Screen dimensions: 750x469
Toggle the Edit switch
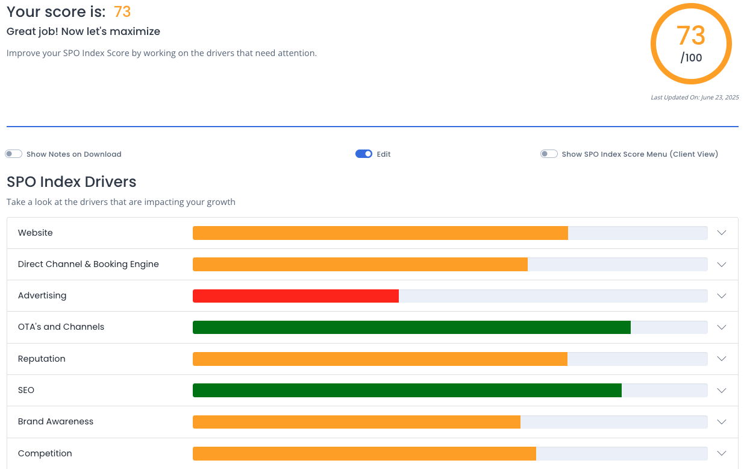click(x=364, y=154)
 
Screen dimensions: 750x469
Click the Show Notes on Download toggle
click(x=13, y=154)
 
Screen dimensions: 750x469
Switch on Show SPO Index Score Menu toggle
click(x=549, y=154)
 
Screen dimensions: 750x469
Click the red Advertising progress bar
click(x=296, y=296)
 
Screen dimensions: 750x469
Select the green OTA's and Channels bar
click(x=411, y=327)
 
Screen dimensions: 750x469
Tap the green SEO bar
click(x=407, y=390)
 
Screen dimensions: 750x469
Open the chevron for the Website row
click(x=722, y=233)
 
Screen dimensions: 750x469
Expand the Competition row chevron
click(x=722, y=453)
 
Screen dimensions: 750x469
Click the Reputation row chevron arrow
click(x=722, y=359)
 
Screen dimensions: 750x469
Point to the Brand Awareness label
click(x=55, y=421)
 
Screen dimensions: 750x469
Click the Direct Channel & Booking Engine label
click(x=89, y=264)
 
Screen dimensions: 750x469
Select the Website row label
click(x=35, y=233)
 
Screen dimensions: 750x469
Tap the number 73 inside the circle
click(x=691, y=36)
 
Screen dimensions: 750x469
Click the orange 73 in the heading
click(x=122, y=11)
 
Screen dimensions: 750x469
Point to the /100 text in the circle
click(x=691, y=58)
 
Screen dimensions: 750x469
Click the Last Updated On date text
click(x=695, y=98)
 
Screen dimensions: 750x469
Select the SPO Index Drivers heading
click(x=71, y=182)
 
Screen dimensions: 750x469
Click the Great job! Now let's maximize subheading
click(x=83, y=31)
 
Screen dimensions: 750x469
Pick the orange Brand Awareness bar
click(x=357, y=422)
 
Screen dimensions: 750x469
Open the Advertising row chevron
click(x=722, y=296)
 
